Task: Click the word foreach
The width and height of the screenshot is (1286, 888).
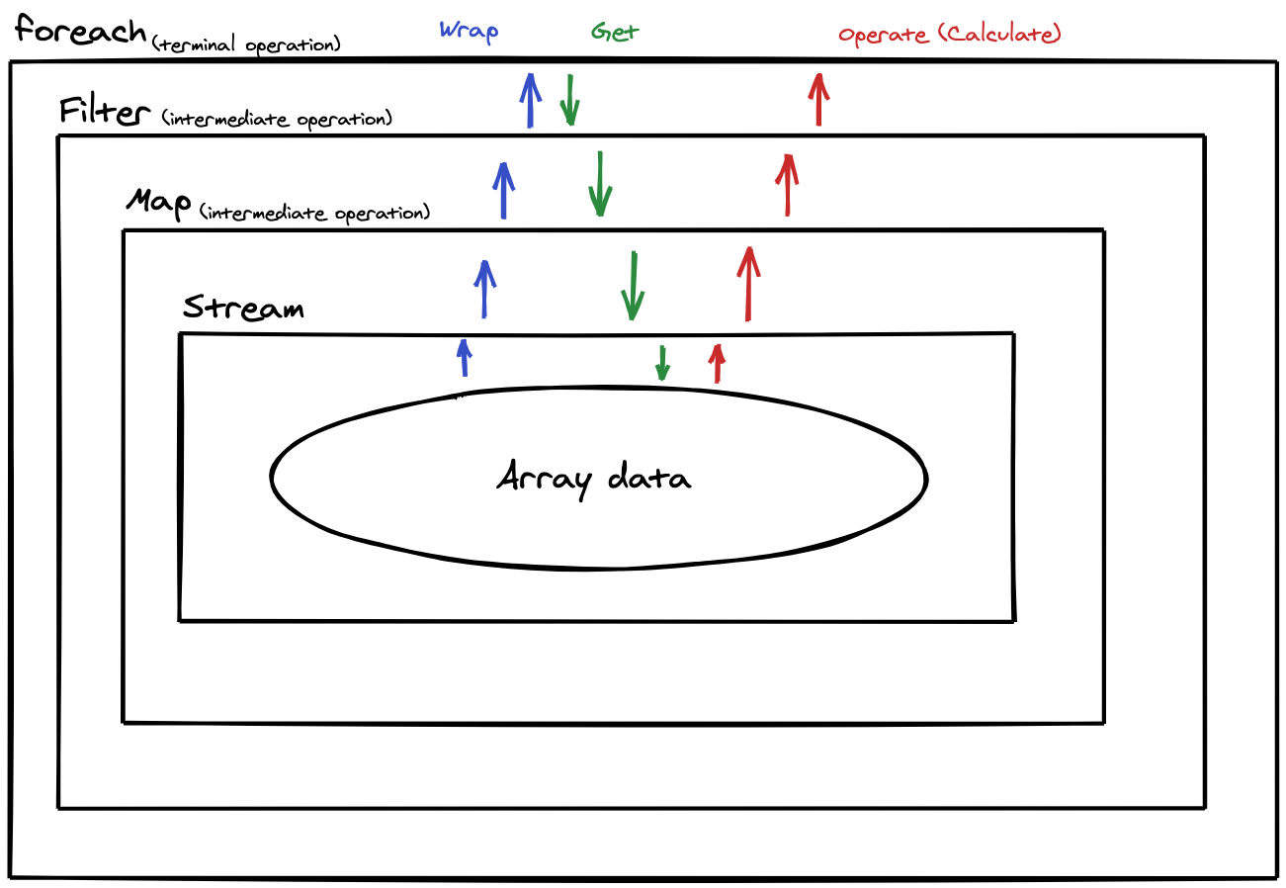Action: click(x=81, y=31)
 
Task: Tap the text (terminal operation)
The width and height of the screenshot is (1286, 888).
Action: click(x=247, y=44)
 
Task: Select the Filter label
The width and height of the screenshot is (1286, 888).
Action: click(x=102, y=111)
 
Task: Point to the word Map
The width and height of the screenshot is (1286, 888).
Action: click(x=158, y=204)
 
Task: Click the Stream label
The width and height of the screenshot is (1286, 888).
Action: click(x=243, y=308)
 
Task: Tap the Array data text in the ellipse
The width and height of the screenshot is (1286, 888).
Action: click(x=593, y=479)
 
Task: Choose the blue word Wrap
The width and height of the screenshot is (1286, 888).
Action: click(x=469, y=31)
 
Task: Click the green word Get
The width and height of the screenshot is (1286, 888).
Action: click(x=615, y=32)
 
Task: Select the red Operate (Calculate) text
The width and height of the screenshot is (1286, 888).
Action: click(x=949, y=35)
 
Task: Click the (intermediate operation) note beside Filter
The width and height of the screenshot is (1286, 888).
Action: click(x=277, y=120)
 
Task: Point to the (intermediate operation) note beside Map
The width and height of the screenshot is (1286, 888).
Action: click(x=314, y=213)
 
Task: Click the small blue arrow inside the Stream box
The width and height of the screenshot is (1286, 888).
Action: click(x=463, y=358)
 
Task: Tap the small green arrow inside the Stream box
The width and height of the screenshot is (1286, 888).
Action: click(x=662, y=363)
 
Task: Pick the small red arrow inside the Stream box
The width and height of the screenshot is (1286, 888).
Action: click(x=718, y=363)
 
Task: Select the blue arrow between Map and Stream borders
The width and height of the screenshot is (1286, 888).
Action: click(x=484, y=289)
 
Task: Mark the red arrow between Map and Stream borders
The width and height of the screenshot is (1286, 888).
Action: click(x=748, y=284)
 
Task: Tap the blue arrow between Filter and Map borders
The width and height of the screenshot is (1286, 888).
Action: click(x=503, y=190)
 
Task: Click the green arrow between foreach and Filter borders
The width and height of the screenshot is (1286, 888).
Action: click(x=569, y=100)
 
